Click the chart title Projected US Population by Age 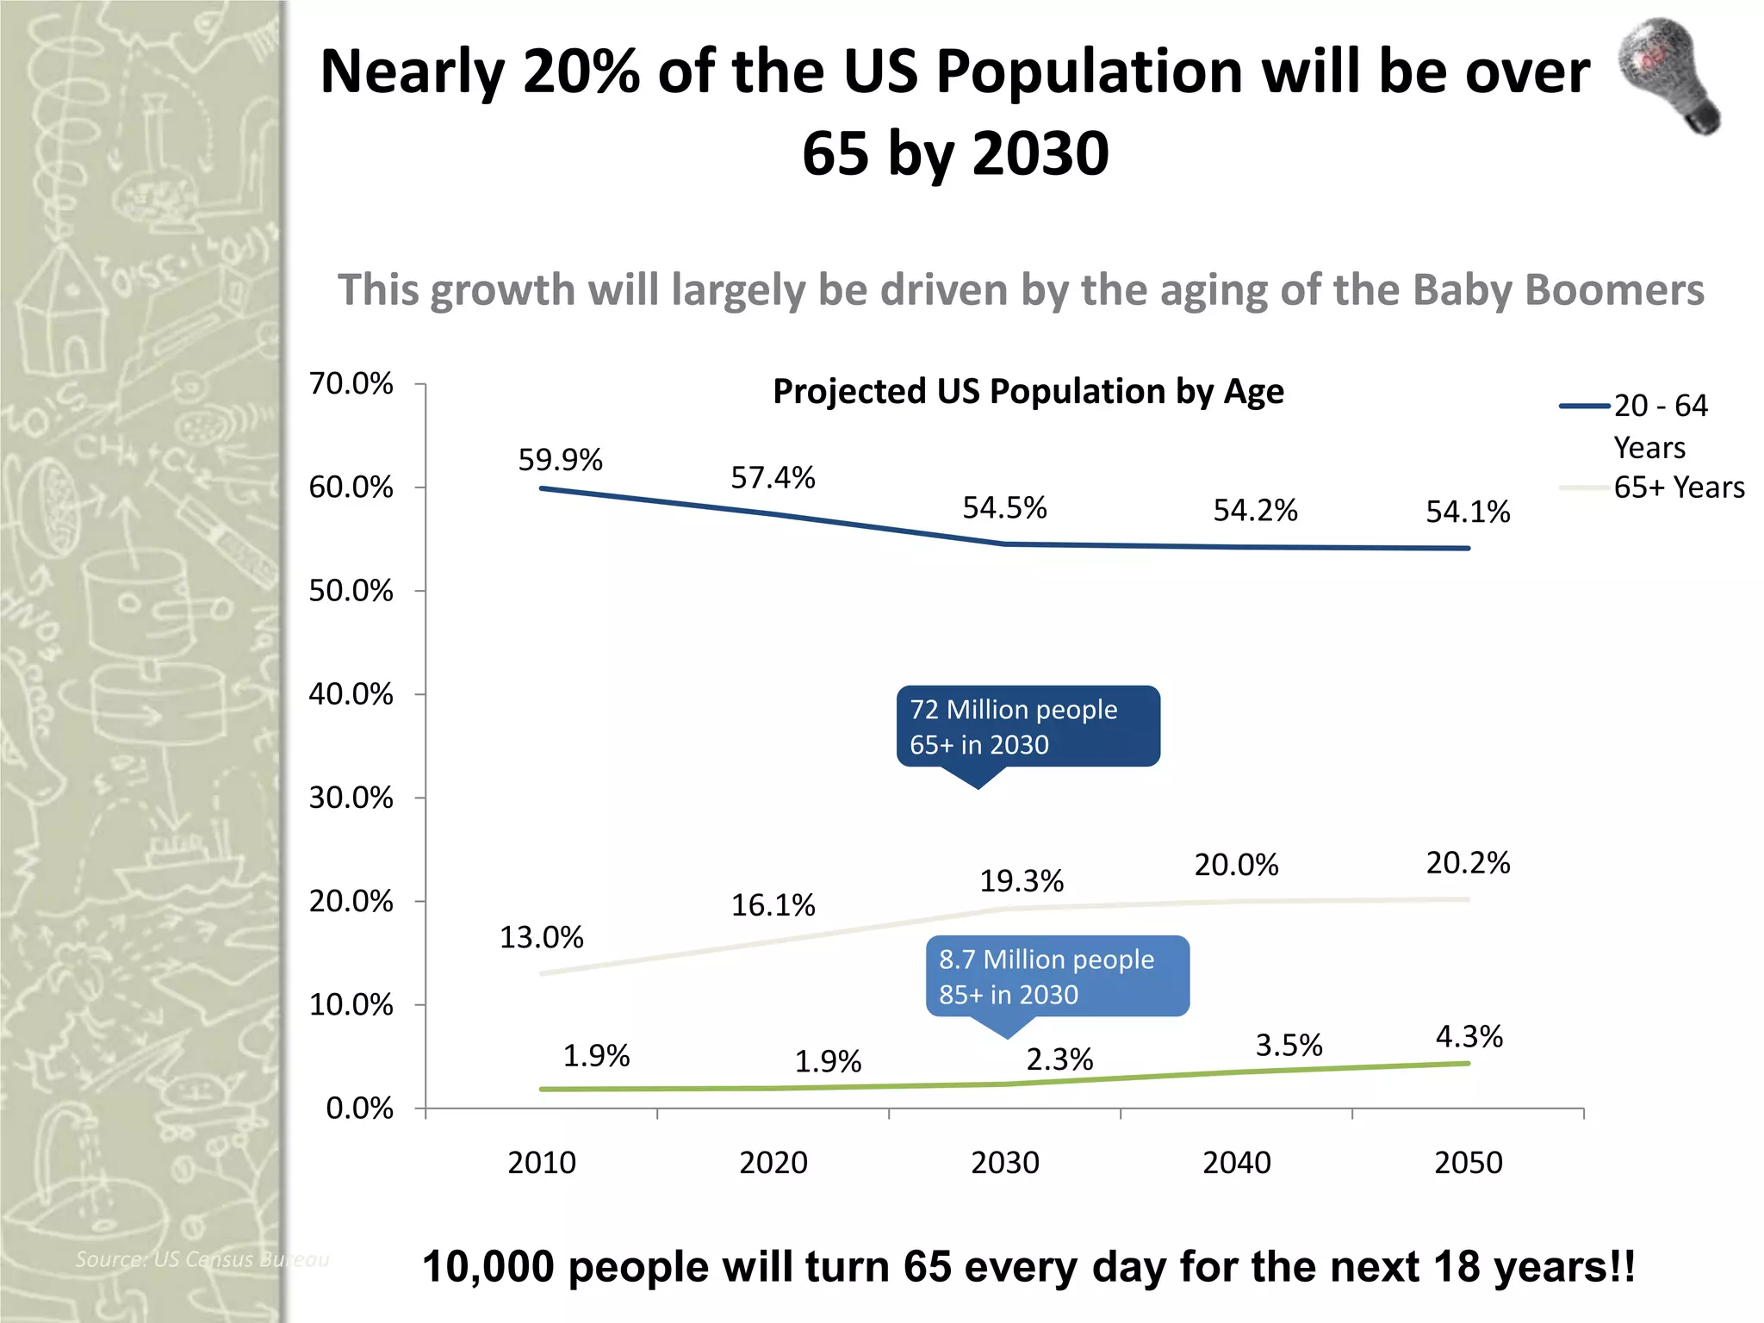[1028, 392]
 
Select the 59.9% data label [560, 460]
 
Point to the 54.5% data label [1004, 508]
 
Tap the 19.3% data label [1022, 881]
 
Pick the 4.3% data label [1469, 1036]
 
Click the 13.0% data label [542, 937]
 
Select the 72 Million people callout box [1028, 726]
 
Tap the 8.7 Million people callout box [1057, 976]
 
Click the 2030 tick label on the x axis [1005, 1163]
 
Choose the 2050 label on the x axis [1468, 1163]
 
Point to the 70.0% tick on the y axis [351, 383]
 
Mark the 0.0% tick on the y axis [360, 1108]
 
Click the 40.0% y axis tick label [351, 694]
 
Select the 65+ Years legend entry [1678, 488]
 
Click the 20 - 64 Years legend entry [1659, 425]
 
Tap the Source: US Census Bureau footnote [202, 1259]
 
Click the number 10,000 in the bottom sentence [488, 1267]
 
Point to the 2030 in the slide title [1040, 153]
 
